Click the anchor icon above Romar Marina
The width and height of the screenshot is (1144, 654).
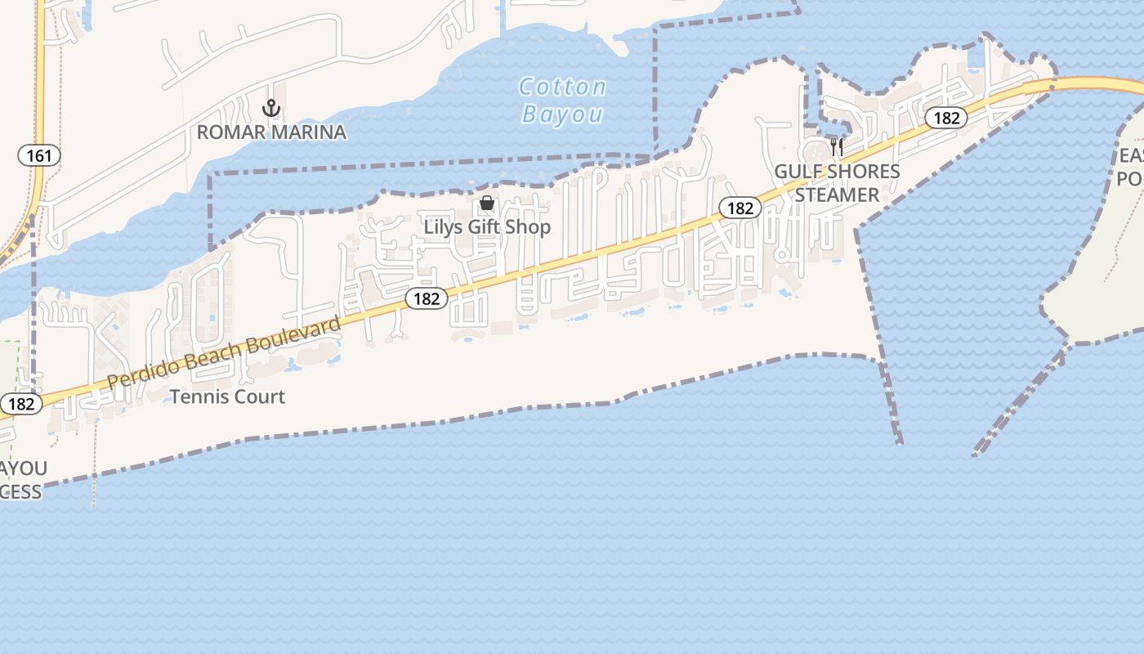tap(271, 108)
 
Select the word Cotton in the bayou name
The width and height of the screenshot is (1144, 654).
tap(563, 87)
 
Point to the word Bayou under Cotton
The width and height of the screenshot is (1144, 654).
tap(562, 114)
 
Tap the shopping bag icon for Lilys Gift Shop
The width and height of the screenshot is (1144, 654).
tap(487, 203)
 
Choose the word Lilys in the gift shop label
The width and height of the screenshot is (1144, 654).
tap(444, 226)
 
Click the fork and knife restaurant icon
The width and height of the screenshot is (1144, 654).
tap(837, 147)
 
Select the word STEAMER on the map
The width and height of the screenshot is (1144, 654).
tap(837, 195)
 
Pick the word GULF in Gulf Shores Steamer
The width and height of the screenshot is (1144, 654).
tap(797, 172)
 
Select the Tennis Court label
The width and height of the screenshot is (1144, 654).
tap(227, 396)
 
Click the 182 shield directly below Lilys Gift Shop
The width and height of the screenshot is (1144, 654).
tap(427, 298)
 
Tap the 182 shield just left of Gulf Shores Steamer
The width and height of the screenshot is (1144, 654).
tap(740, 208)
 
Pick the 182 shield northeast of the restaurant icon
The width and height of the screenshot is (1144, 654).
tap(946, 118)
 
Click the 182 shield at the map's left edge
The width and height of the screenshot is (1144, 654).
tap(20, 404)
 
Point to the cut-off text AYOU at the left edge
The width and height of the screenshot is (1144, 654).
tap(23, 468)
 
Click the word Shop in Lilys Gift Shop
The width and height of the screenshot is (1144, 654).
tap(529, 226)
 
